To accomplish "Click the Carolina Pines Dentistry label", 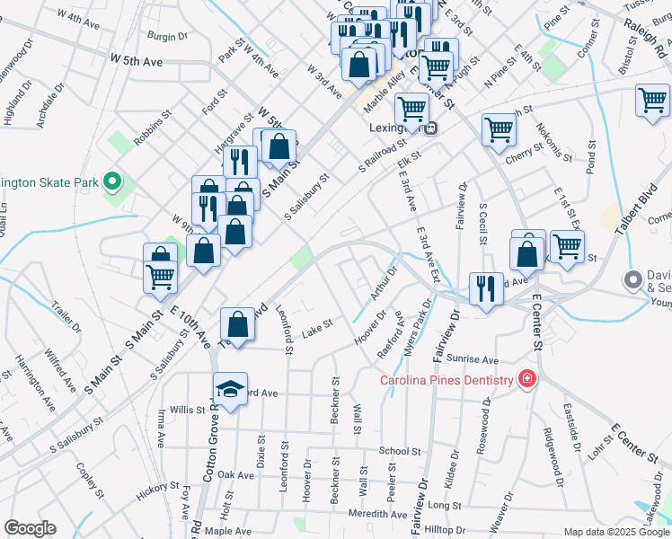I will tap(446, 380).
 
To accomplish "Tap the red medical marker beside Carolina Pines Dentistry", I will tap(526, 380).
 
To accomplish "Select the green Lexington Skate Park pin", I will tap(112, 182).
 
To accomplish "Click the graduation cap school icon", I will tap(231, 390).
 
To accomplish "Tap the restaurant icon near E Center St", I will tap(485, 289).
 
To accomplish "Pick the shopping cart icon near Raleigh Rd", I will tap(652, 101).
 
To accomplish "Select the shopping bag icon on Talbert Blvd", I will tap(237, 323).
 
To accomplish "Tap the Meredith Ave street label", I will tap(377, 515).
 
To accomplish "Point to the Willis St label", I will tap(188, 410).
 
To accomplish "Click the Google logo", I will tap(30, 528).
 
